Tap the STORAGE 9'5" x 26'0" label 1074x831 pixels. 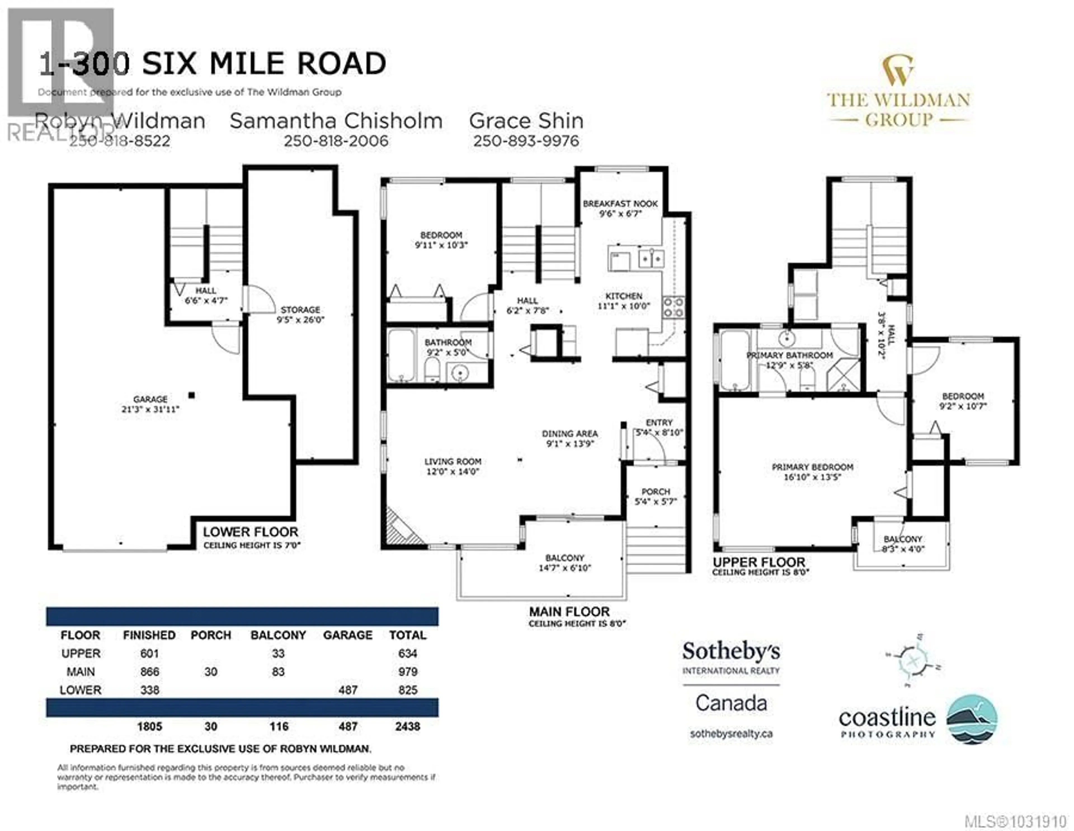pyautogui.click(x=300, y=314)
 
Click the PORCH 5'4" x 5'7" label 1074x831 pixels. pyautogui.click(x=656, y=496)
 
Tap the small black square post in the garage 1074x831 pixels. pyautogui.click(x=192, y=395)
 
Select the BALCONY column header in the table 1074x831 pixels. pyautogui.click(x=278, y=635)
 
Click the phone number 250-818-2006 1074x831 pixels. pyautogui.click(x=336, y=141)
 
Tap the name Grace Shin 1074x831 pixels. pyautogui.click(x=526, y=121)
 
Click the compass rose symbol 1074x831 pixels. pyautogui.click(x=913, y=661)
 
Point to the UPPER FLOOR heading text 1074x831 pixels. pyautogui.click(x=759, y=562)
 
